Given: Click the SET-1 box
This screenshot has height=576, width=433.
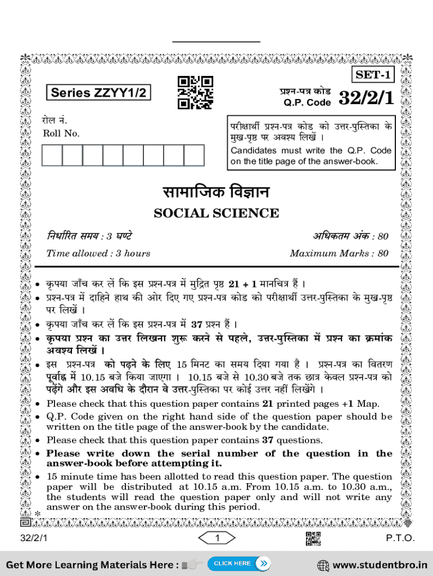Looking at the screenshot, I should pos(373,75).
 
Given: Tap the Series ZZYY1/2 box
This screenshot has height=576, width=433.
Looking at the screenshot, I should pos(98,93).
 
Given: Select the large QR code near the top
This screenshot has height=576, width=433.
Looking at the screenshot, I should pos(195,92).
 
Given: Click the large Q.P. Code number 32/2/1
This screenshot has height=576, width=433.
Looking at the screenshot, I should pos(366,98).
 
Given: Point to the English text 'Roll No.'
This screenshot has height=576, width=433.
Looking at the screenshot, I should pos(61,133).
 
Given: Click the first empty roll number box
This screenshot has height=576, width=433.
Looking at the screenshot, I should pos(52,155).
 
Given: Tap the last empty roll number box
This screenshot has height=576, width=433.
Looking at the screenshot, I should pos(194,155).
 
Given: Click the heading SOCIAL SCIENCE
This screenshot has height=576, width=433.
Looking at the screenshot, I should pos(216,213).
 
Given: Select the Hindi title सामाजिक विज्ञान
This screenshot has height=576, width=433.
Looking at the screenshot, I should pos(216,192).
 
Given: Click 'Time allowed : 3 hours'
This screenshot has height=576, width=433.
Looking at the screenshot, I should pos(98,253).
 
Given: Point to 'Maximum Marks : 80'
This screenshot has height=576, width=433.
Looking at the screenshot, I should pos(339,253).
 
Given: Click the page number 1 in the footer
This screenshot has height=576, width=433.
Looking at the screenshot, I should pos(216,538).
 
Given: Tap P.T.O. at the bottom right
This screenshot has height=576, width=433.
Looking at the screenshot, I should pos(400,538).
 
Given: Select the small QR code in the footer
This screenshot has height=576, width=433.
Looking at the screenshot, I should pos(313,538).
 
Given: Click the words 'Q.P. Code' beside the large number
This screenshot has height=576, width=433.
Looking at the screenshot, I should pos(307,102).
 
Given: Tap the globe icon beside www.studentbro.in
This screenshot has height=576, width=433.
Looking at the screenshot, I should pos(323,565).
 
